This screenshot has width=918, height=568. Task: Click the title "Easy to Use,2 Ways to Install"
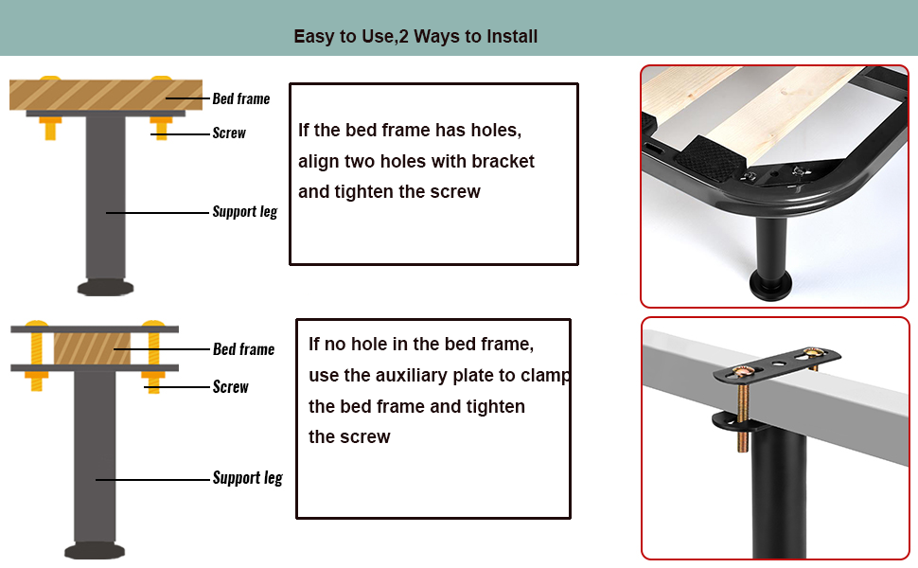pos(415,37)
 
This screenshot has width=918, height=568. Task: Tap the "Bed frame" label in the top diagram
pos(240,98)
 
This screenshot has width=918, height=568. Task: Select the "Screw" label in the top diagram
pos(229,133)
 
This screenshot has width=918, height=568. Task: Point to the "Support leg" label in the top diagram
pos(244,212)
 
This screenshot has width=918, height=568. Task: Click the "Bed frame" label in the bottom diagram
pos(243,349)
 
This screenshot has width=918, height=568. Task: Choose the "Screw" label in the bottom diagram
pos(231,387)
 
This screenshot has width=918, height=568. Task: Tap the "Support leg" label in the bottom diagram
pos(247,478)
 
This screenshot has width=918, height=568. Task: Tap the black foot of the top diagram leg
pos(105,287)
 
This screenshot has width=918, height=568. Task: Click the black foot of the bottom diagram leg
pos(95,550)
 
